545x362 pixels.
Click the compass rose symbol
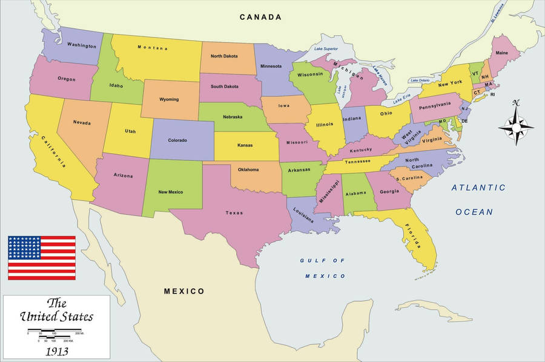(516, 125)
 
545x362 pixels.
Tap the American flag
(42, 258)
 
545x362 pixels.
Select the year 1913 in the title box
(56, 350)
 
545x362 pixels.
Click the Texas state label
(234, 213)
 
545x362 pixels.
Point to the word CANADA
(260, 17)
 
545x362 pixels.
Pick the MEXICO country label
(184, 291)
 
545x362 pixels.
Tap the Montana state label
(152, 47)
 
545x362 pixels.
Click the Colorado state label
(177, 140)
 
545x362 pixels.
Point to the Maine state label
(502, 53)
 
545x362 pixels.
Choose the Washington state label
(81, 45)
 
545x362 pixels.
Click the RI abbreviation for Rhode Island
(492, 94)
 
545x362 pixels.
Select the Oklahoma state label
(248, 169)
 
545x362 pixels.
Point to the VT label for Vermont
(475, 73)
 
